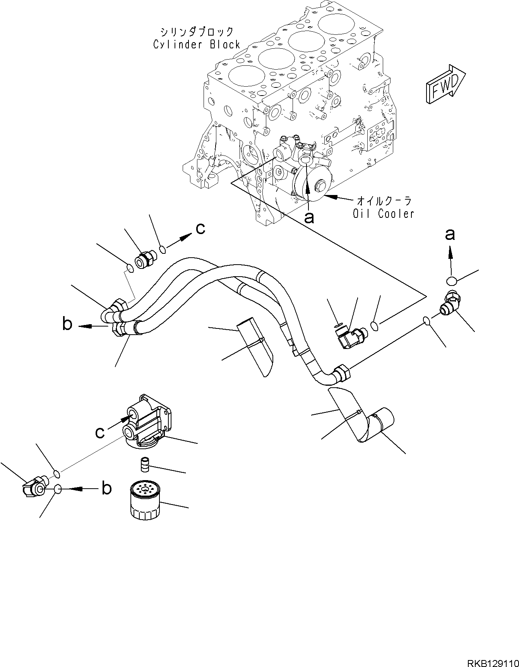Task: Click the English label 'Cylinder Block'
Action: click(197, 44)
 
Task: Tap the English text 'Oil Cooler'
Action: click(383, 213)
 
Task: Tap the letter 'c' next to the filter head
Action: click(100, 432)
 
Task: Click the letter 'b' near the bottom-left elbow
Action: click(106, 489)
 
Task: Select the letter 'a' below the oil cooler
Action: click(308, 218)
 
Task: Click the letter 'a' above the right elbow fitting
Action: click(449, 234)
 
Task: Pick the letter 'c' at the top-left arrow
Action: click(200, 229)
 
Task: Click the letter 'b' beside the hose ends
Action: click(68, 324)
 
